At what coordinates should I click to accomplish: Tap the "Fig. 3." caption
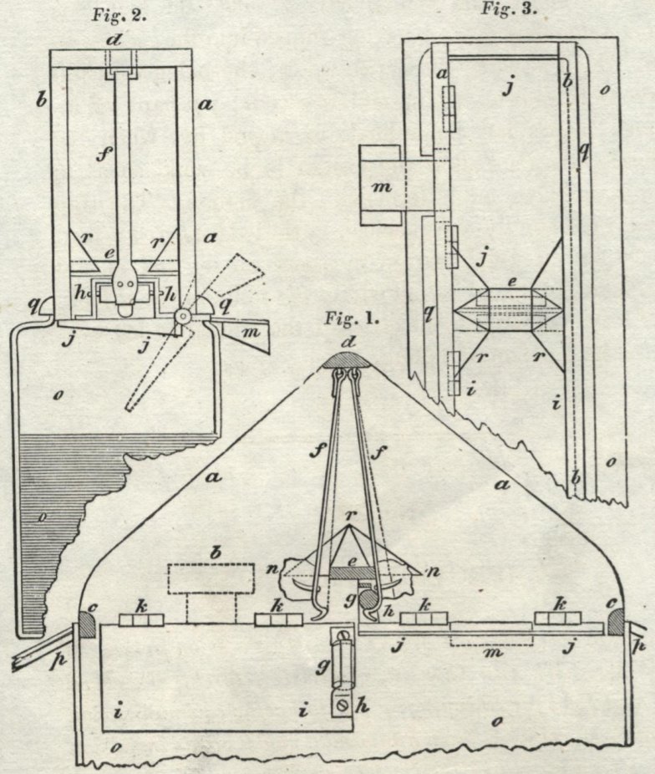click(509, 9)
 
